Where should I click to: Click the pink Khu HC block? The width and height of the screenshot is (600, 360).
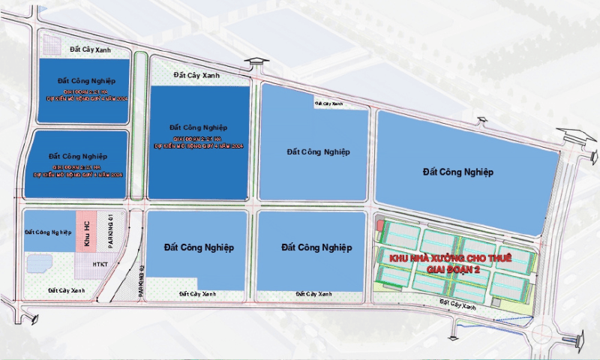click(x=87, y=231)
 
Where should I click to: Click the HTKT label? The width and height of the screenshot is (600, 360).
click(x=100, y=264)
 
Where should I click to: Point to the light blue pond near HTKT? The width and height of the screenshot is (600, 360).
click(x=39, y=262)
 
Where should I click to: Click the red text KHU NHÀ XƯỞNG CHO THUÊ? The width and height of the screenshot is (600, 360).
click(x=449, y=258)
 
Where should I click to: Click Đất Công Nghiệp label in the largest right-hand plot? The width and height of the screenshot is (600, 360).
click(x=457, y=172)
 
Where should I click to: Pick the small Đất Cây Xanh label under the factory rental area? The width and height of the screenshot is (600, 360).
click(x=458, y=305)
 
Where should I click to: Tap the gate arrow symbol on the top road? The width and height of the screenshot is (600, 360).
click(x=256, y=63)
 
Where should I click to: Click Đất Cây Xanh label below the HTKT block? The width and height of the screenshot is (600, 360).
click(x=66, y=289)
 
